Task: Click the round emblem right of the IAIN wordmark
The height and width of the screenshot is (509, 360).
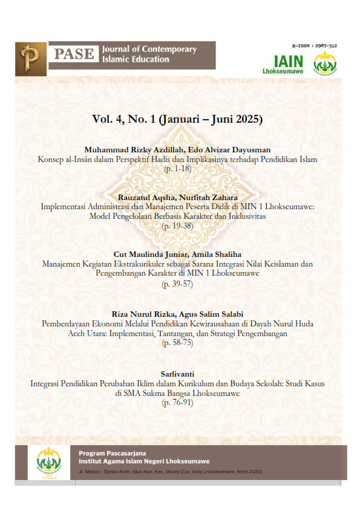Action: coord(324,64)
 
